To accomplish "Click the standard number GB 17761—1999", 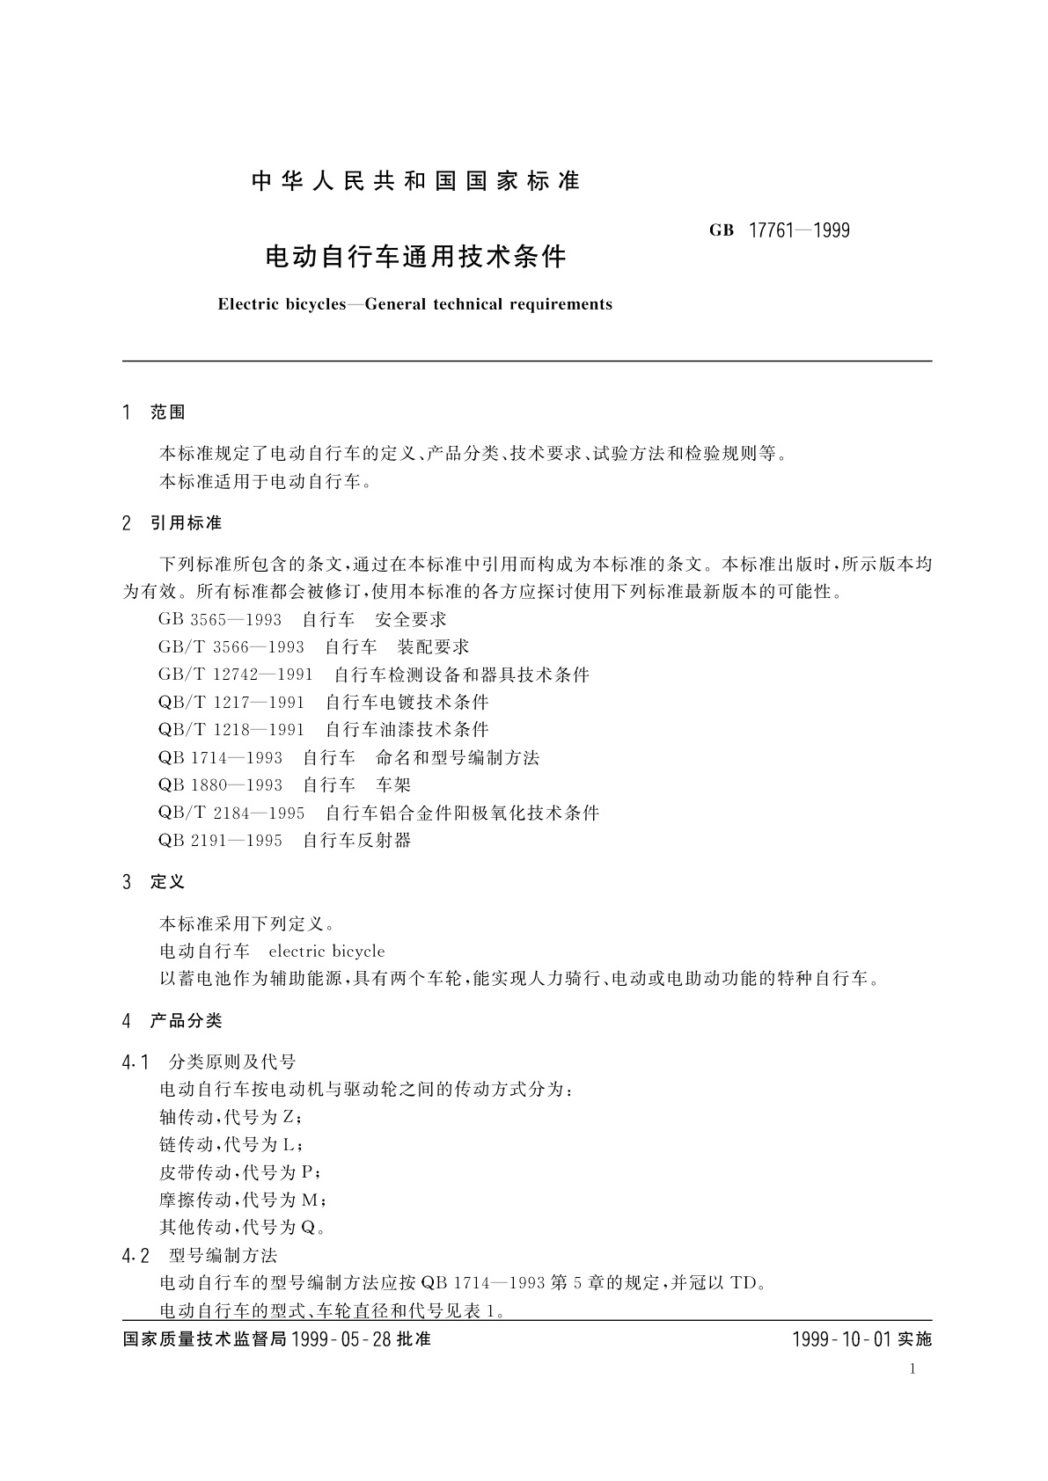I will [x=780, y=230].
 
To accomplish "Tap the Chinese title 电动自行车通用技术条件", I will [x=416, y=257].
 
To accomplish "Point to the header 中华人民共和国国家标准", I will [x=416, y=181].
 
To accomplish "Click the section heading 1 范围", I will [x=155, y=412].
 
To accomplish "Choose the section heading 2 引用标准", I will [x=172, y=523].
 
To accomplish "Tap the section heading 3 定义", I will [x=155, y=881].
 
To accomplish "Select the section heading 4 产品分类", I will [x=172, y=1020].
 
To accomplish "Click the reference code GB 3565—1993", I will [x=220, y=619].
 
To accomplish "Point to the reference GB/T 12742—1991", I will [x=236, y=675].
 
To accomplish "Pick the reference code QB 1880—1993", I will [x=221, y=784].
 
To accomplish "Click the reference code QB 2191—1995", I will [x=221, y=840].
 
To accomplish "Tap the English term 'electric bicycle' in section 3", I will [x=326, y=951].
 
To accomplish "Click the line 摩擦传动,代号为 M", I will [x=244, y=1200].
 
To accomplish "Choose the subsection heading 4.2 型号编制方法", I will [x=201, y=1255].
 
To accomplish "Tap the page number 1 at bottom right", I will [x=912, y=1368].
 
